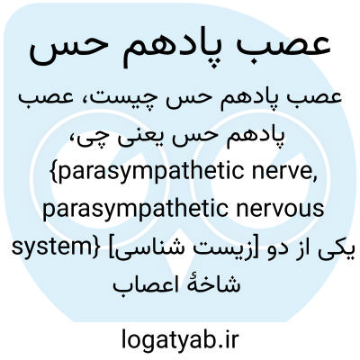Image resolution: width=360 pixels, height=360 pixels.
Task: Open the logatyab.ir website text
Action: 180,339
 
